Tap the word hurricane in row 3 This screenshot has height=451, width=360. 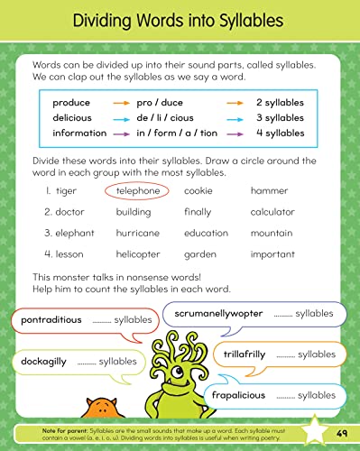tap(138, 233)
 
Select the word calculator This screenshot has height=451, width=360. tap(272, 212)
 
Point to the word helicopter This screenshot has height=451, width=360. tap(140, 253)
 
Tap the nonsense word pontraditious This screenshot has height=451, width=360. tap(51, 320)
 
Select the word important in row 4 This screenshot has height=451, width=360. tap(272, 253)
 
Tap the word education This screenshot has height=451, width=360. tap(206, 233)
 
